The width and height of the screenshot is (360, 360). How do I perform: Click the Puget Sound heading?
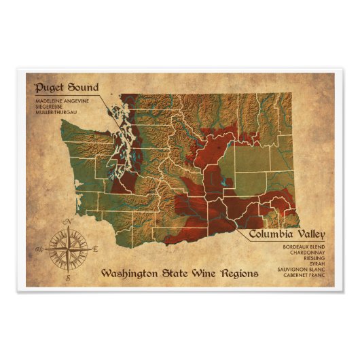pos(67,87)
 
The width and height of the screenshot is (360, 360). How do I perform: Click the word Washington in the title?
pos(130,274)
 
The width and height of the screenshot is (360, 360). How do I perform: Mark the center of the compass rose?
pos(67,250)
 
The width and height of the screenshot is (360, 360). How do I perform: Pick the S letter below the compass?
pos(67,278)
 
